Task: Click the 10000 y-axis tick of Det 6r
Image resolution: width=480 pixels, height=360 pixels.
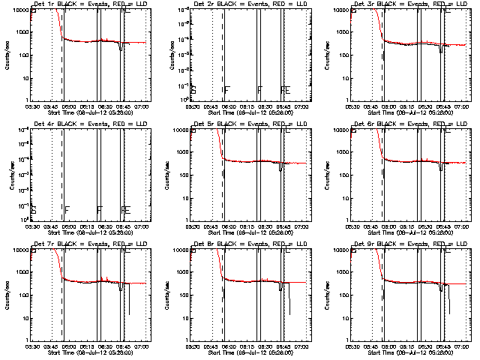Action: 344,130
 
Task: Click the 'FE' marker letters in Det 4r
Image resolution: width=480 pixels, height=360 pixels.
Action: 124,209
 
